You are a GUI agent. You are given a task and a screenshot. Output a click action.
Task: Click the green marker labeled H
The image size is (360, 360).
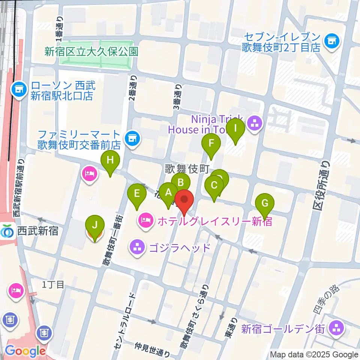[x=110, y=161]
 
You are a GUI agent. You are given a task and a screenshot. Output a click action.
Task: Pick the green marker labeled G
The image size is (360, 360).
[x=265, y=204]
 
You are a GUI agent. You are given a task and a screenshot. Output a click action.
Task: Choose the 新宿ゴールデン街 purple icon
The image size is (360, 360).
[x=336, y=328]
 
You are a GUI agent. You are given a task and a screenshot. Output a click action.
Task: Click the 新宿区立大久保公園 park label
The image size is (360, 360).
[x=91, y=51]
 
